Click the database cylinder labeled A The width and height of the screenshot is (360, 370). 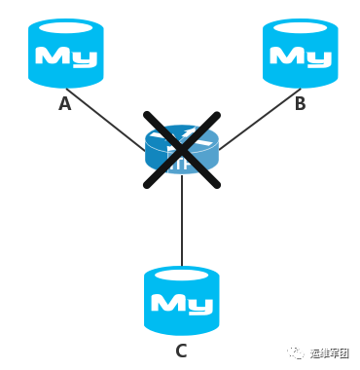pos(65,54)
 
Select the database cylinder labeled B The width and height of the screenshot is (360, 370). pos(300,54)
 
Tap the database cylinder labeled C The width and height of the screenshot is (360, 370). pos(181,300)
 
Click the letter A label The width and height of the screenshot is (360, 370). pos(64,103)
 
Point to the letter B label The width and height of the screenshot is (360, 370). pos(300,103)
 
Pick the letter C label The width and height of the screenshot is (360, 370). pos(181,351)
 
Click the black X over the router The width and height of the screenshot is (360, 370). pos(181,148)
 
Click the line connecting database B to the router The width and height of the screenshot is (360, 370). pos(258,121)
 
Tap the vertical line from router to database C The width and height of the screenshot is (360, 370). pos(181,224)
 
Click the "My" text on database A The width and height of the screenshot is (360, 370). pos(65,57)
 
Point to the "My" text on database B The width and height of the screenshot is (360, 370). pos(300,57)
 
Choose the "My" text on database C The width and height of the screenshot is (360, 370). pos(181,304)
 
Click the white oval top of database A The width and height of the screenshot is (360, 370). pos(65,26)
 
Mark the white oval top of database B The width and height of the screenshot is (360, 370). pos(300,26)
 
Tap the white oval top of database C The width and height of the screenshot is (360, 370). pos(181,274)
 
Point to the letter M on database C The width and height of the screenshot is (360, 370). pos(167,304)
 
